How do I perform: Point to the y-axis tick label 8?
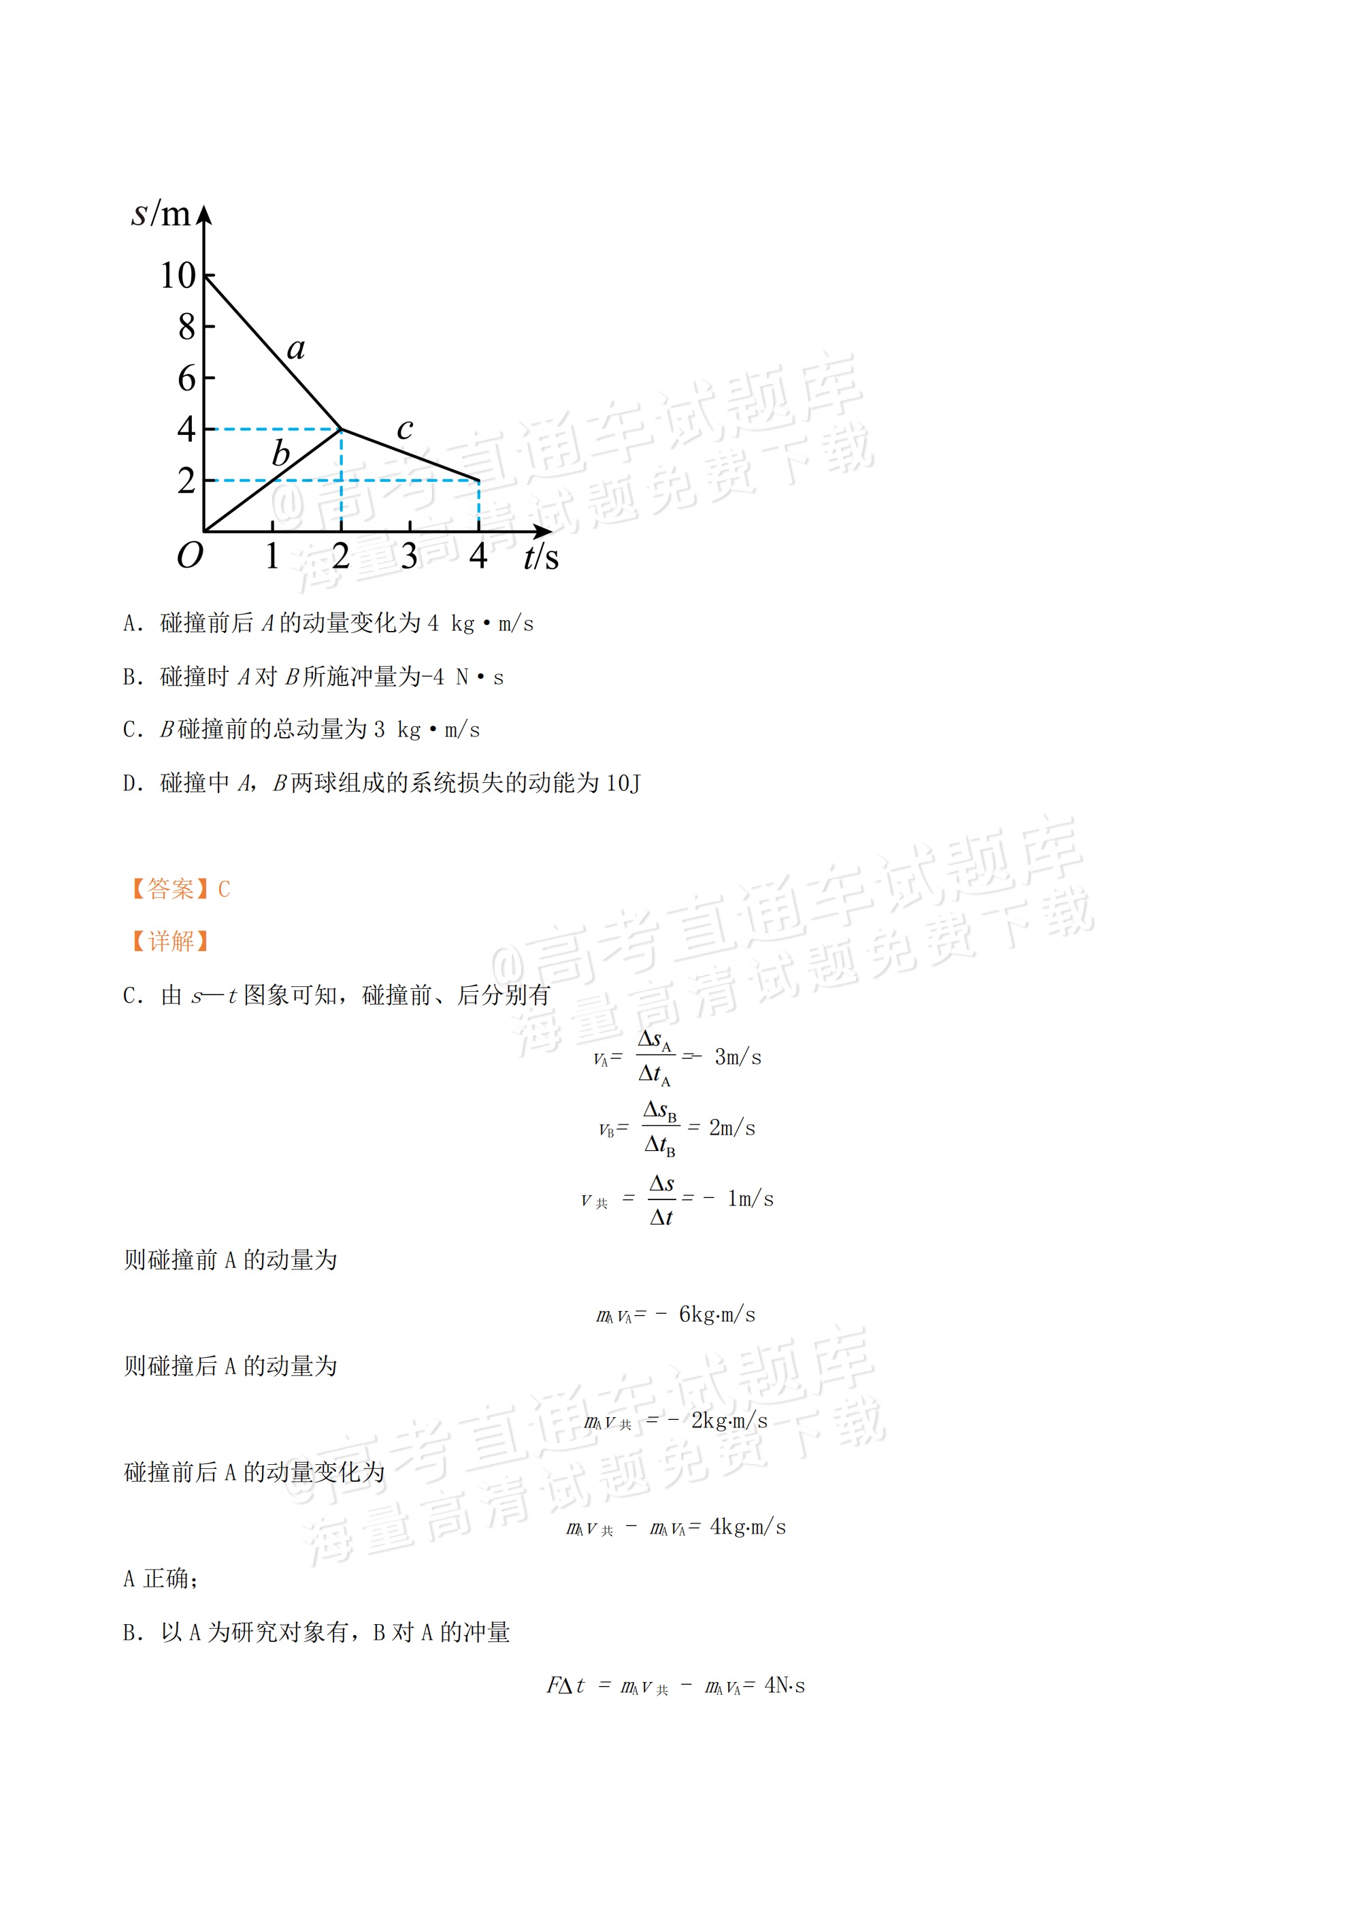[186, 327]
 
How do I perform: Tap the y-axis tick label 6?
[186, 378]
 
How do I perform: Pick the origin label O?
[190, 555]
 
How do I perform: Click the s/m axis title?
[161, 214]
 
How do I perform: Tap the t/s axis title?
[541, 557]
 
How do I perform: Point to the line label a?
[295, 348]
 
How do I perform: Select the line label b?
[281, 454]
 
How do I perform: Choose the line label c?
[404, 428]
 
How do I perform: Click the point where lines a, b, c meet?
[341, 430]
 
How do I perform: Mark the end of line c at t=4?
[478, 480]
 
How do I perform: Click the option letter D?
[131, 783]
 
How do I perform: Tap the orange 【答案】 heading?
[169, 889]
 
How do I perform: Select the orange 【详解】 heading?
[169, 941]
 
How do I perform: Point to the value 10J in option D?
[623, 783]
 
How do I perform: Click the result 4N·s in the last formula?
[784, 1685]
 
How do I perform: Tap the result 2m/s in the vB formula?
[732, 1128]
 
